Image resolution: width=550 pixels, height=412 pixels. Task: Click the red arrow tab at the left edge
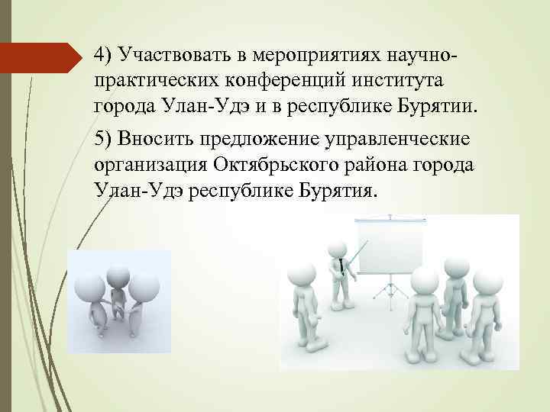click(x=42, y=54)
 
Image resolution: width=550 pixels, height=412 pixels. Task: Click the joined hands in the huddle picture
click(x=118, y=311)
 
